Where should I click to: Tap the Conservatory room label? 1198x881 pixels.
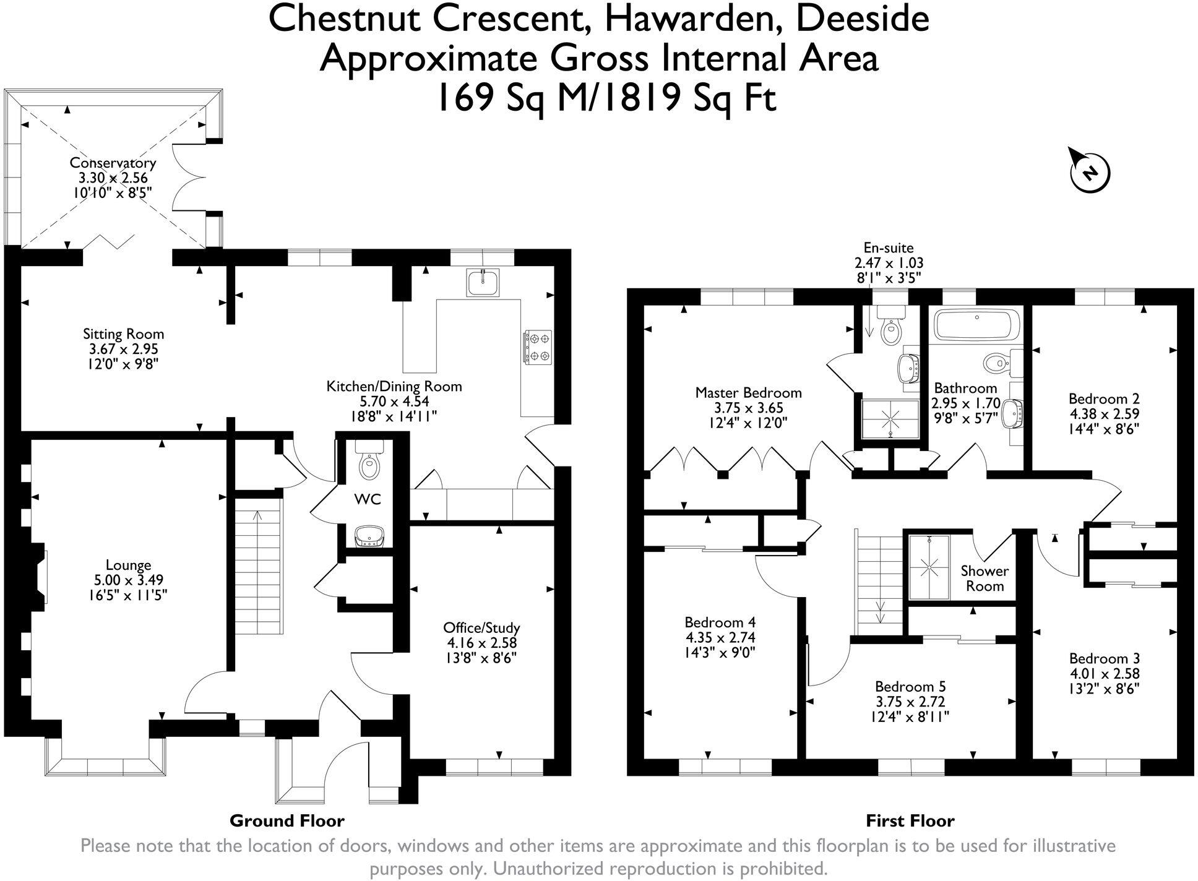click(112, 163)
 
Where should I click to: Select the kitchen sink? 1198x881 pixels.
click(483, 283)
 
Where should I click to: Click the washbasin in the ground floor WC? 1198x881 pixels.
click(369, 536)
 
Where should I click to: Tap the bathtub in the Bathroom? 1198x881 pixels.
click(975, 325)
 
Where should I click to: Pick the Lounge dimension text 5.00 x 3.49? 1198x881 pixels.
click(129, 580)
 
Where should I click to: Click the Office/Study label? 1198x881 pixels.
click(481, 627)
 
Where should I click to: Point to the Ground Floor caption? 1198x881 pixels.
click(287, 821)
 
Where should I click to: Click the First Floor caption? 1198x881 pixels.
click(910, 821)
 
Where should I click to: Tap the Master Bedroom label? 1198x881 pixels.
click(748, 392)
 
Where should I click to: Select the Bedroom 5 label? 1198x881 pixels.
click(910, 686)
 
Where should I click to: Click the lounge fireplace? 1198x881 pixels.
click(39, 574)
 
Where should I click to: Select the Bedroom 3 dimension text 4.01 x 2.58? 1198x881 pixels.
click(1104, 674)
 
